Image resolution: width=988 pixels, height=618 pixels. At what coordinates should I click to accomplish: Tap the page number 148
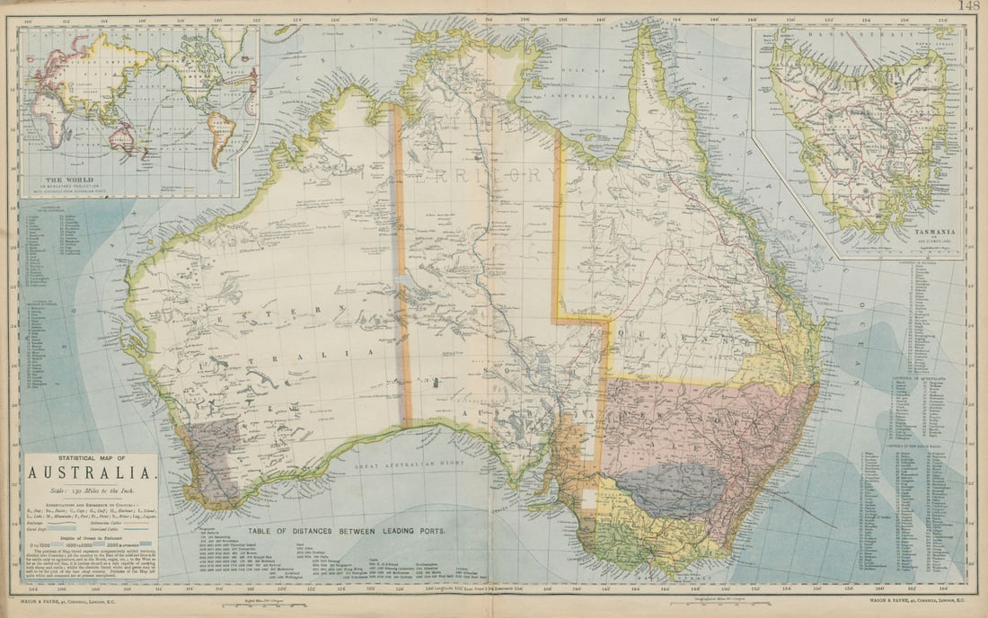click(968, 5)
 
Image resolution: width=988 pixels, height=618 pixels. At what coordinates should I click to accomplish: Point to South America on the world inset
click(220, 130)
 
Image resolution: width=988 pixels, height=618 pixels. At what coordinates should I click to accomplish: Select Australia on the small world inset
click(121, 139)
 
